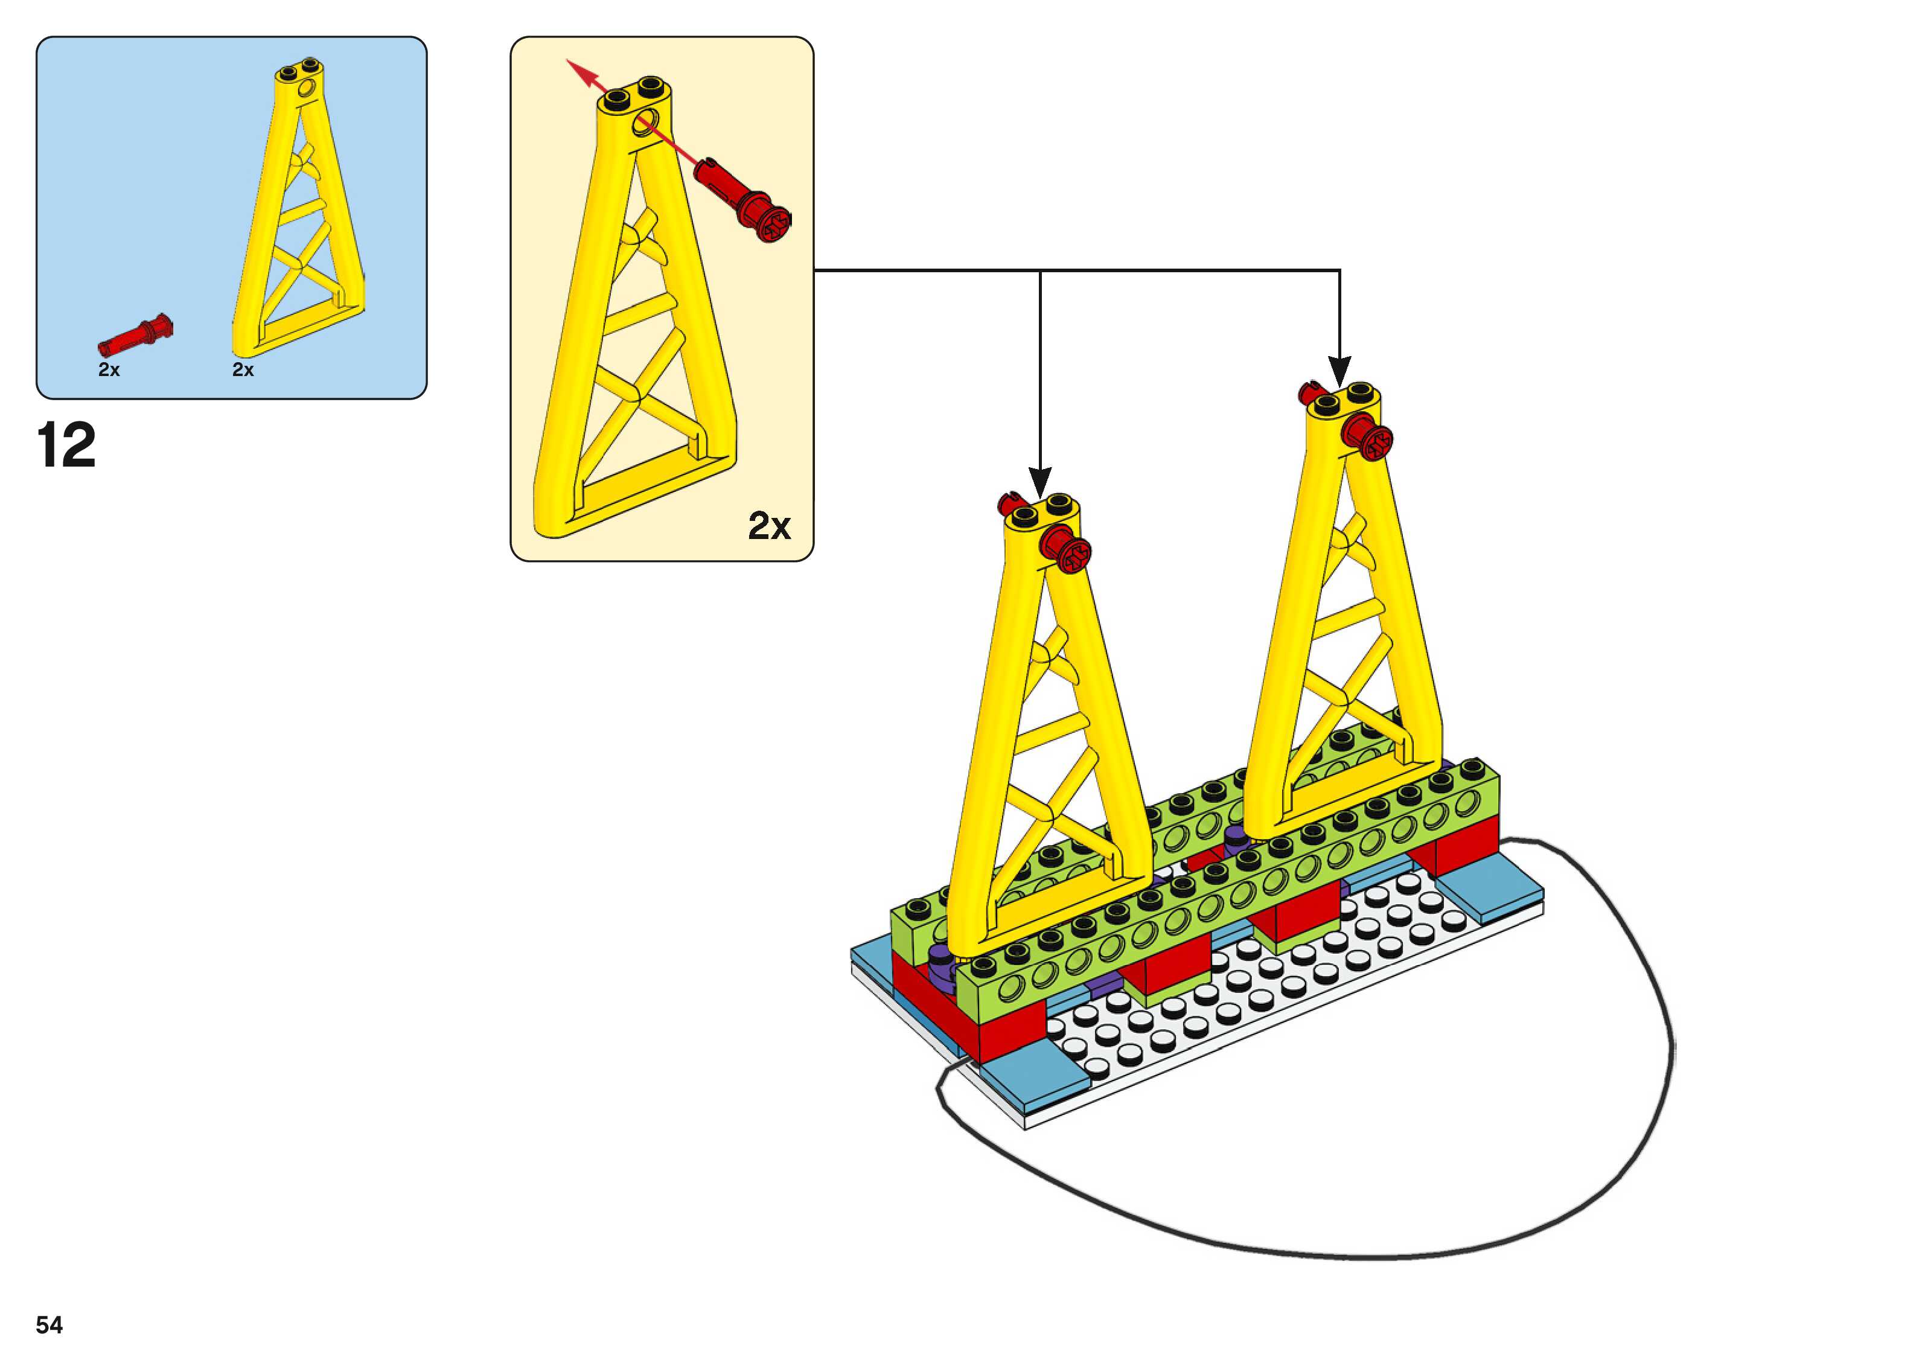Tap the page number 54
point(49,1324)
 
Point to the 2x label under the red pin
point(109,370)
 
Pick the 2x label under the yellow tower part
point(243,370)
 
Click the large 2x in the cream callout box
point(768,526)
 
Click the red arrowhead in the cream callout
point(576,68)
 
